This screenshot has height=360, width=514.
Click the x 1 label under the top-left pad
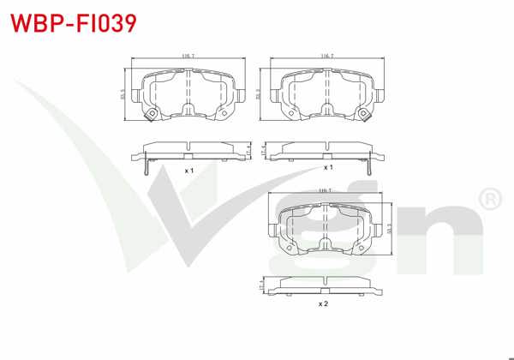coord(188,171)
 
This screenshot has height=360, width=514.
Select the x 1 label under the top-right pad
coord(328,167)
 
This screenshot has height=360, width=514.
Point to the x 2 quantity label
coord(323,303)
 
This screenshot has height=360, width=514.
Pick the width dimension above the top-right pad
coord(326,56)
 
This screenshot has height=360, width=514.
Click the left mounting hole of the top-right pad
coord(288,112)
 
